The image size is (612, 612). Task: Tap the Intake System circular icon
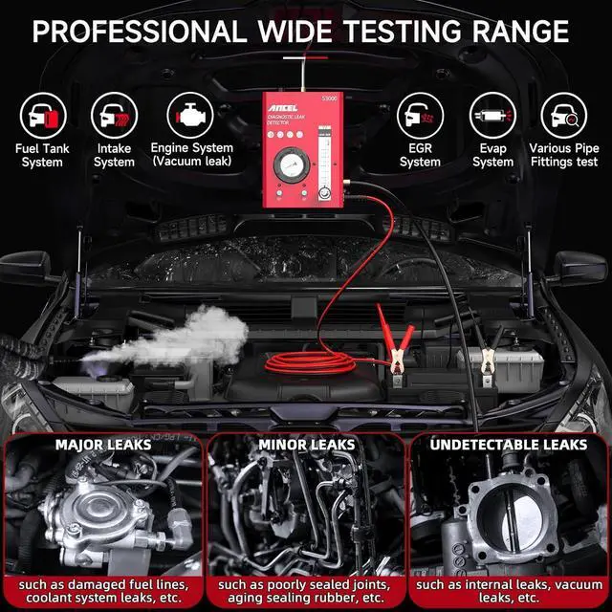coord(114,116)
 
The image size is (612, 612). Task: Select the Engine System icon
coord(191,116)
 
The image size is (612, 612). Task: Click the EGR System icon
coord(420,116)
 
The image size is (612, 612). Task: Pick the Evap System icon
coord(492,116)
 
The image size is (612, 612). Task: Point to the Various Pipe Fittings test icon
coord(564,116)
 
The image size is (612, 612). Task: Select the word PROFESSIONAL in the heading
coord(139,31)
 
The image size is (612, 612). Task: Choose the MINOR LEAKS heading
coord(306,445)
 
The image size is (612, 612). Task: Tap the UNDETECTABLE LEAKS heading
coord(509,445)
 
